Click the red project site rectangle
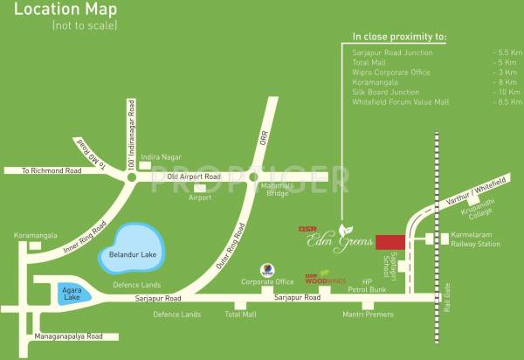click(390, 242)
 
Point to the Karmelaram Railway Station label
click(476, 240)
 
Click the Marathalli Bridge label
click(253, 190)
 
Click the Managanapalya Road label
click(57, 336)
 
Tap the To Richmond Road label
click(52, 171)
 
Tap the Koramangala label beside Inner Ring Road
click(35, 235)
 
